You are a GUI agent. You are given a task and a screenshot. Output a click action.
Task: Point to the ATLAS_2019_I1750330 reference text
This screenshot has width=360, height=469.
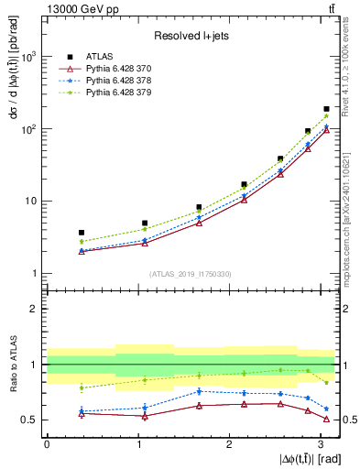[191, 274]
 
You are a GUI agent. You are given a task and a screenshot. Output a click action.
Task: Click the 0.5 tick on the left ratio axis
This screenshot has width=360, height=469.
[29, 420]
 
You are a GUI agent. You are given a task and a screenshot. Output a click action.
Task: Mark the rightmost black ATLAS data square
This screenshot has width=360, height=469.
[326, 109]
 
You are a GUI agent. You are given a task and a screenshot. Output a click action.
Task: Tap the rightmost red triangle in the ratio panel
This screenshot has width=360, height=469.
[326, 420]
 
